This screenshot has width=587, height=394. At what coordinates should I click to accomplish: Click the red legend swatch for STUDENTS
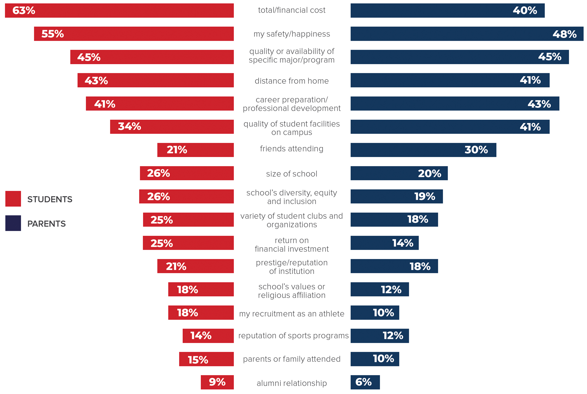tap(13, 199)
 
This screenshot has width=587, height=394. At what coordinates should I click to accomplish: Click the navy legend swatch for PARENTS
tap(13, 223)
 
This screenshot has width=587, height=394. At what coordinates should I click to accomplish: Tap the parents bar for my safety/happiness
tap(467, 34)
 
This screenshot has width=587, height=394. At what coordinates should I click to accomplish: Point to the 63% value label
tap(24, 11)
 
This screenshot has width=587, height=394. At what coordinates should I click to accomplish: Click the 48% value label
tap(564, 34)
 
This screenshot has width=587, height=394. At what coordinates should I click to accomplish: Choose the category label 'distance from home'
tap(291, 81)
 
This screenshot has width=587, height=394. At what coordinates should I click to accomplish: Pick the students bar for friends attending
tap(195, 150)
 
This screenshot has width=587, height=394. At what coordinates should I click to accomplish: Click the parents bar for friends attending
tap(423, 150)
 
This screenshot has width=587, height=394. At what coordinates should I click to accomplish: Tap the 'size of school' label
tap(291, 174)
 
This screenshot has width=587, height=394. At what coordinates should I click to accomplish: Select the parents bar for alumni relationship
tap(365, 382)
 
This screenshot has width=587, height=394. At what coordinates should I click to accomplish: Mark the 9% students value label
tap(217, 382)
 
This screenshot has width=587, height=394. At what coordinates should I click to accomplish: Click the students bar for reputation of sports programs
tap(208, 336)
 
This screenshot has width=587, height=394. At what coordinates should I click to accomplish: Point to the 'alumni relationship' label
tap(291, 383)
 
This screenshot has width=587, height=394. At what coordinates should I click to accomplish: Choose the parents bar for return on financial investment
tap(384, 243)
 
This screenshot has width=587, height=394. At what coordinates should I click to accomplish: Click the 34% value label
tap(129, 127)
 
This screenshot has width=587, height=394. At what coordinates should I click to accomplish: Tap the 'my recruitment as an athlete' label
tap(291, 314)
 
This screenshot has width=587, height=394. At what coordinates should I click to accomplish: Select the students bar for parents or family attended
tap(206, 359)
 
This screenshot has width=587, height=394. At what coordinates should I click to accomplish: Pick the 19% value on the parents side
tap(424, 196)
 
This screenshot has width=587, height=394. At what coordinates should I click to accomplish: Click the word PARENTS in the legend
tap(46, 224)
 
